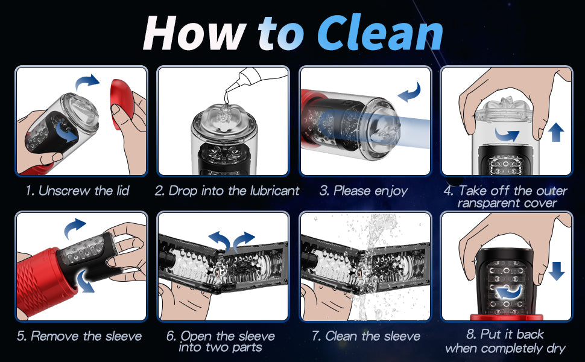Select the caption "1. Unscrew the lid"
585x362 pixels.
point(78,191)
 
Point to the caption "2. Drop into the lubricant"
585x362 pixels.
point(227,191)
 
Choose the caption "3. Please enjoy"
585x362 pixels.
point(364,191)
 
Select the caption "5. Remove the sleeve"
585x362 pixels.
point(80,336)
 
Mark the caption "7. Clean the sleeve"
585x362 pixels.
point(366,336)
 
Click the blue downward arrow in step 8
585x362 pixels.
point(556,271)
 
